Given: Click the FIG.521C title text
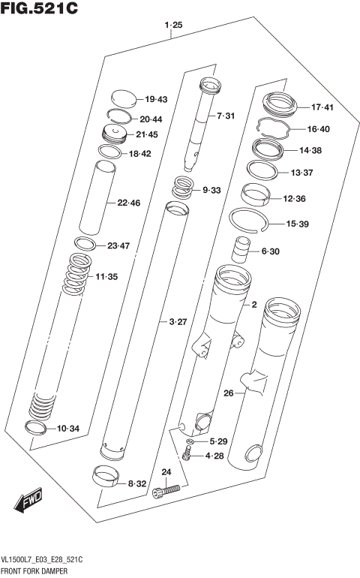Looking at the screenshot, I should (39, 10).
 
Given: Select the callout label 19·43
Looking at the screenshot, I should (156, 99).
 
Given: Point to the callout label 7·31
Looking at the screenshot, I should (226, 116).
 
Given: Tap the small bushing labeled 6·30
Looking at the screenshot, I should (242, 248).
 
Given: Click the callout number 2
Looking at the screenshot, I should (254, 305).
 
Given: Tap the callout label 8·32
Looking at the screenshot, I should (136, 484).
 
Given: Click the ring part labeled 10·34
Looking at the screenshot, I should (36, 428).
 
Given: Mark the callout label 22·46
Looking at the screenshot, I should (128, 203).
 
